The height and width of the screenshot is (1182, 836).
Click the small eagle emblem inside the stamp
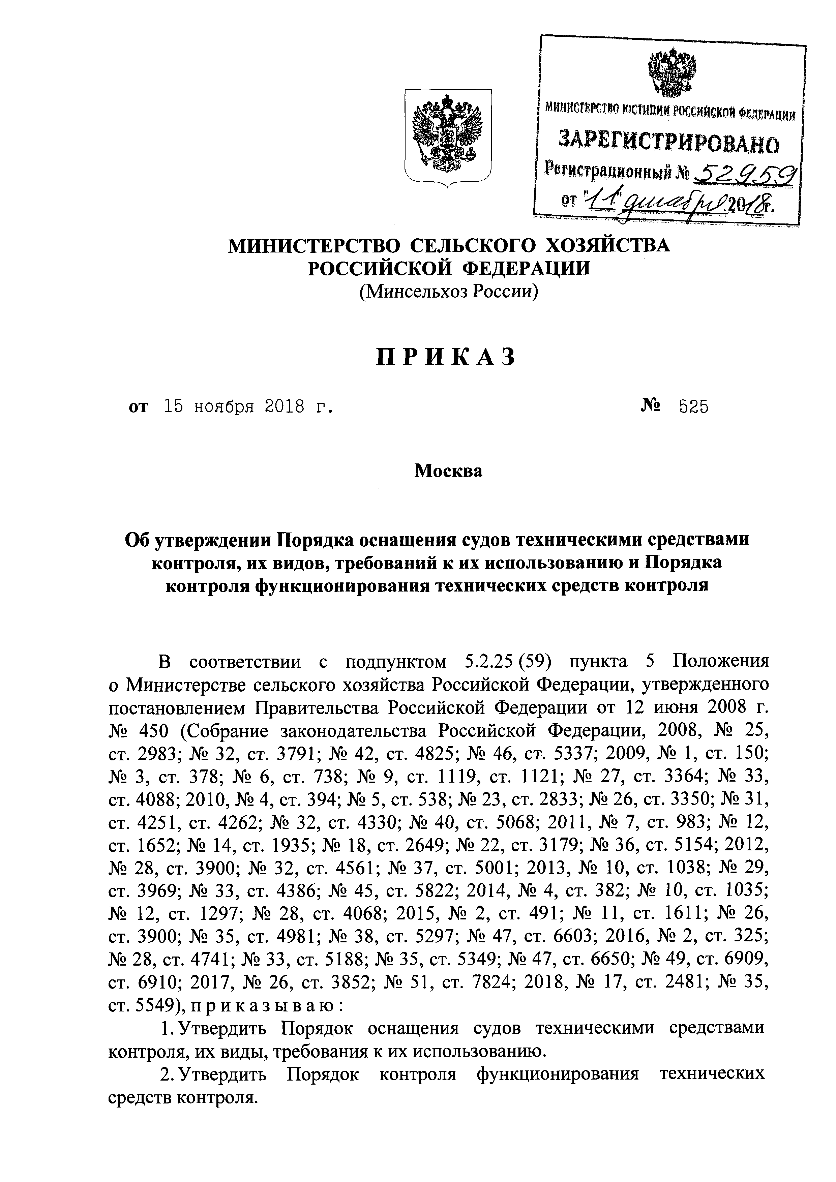[672, 72]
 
